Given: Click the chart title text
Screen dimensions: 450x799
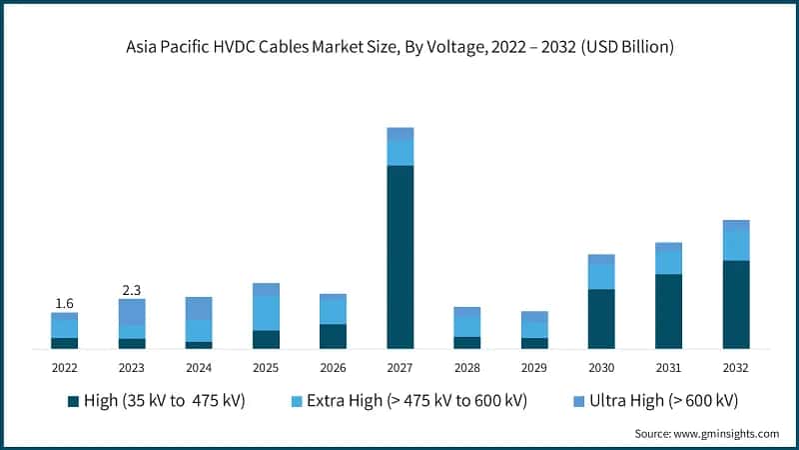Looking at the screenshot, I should [399, 46].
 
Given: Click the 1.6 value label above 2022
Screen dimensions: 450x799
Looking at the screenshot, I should [64, 303].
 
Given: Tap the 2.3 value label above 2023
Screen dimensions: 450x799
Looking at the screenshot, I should [131, 290].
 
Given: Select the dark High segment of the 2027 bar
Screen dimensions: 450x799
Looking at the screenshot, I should [399, 256].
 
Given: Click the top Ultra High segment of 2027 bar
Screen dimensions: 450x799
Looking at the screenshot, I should [399, 134].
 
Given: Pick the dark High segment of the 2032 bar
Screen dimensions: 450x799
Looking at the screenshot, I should [735, 304].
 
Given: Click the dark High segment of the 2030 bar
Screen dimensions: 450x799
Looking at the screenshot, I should [601, 318].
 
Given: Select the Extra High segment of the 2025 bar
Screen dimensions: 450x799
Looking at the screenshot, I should [266, 313].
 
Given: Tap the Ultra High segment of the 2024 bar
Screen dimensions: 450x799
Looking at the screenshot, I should [199, 308].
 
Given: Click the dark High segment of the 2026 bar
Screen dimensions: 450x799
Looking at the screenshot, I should [333, 336].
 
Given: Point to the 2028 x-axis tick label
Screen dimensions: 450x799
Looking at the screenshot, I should [466, 367].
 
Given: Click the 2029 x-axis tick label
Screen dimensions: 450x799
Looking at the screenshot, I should [534, 367].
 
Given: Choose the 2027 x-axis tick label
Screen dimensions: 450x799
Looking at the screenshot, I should [399, 367].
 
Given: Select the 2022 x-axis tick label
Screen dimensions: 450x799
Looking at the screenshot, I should [64, 367].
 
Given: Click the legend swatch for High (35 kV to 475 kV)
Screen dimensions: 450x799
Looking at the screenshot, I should [73, 401].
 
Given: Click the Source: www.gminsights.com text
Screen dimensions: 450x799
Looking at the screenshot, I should [706, 433].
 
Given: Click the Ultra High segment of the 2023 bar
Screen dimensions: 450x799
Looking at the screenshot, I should [131, 311].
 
